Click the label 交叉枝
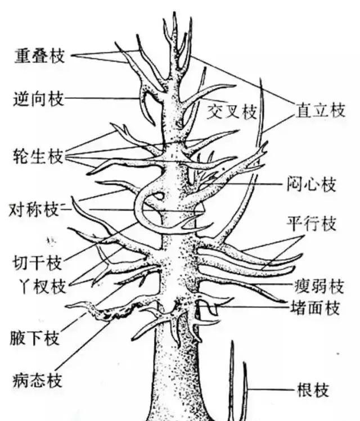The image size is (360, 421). tap(231, 112)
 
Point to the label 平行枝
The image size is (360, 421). tap(312, 224)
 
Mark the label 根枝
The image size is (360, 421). tap(312, 390)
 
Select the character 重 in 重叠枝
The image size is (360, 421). tap(24, 56)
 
